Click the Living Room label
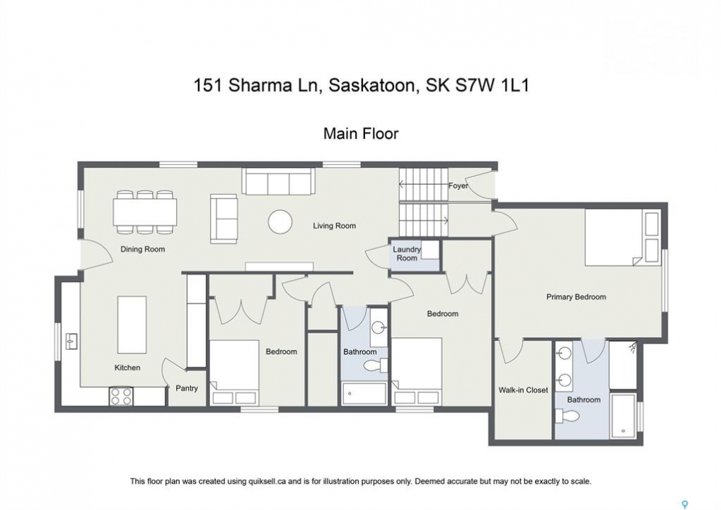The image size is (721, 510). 334,225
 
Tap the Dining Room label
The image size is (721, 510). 142,249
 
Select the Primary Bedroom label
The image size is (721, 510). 576,297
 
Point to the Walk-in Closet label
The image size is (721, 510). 523,390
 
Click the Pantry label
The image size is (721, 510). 187,388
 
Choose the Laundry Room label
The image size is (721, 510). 406,254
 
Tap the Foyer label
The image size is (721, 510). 458,186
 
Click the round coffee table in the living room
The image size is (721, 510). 280,222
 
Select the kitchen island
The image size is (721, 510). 132,324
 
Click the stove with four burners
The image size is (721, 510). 121,396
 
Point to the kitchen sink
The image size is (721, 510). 71,341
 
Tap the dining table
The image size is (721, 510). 145,212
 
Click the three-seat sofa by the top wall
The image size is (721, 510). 279,181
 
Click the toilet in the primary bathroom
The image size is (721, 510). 567,416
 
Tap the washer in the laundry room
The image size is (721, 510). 430,249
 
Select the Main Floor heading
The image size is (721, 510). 361,133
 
